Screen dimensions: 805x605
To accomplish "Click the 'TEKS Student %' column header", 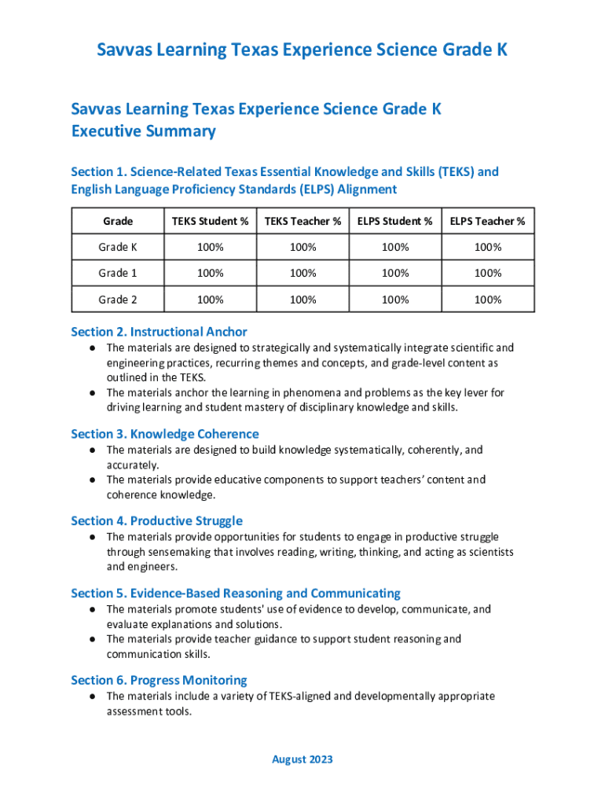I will (210, 221).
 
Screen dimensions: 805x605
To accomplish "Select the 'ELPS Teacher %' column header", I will (487, 221).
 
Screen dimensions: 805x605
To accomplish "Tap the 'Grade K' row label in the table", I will (118, 247).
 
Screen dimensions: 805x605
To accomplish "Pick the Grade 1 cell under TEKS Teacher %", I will (302, 273).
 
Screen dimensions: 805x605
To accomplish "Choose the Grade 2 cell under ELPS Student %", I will (395, 300).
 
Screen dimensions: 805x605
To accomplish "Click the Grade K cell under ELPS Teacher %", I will (487, 247).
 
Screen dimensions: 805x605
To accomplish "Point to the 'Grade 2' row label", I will (118, 300).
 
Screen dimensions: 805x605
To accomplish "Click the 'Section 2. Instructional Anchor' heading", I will (159, 332).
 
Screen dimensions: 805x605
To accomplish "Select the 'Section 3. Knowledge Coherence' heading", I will (164, 434).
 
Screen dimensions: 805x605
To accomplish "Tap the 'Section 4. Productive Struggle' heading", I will (156, 520).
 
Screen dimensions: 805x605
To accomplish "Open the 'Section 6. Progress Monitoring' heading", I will (159, 680).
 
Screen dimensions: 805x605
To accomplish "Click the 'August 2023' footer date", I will (302, 759).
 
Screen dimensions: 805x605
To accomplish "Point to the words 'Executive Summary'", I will (143, 131).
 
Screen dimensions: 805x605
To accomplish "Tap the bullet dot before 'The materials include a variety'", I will (92, 697).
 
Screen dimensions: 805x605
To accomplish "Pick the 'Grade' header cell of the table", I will (118, 221).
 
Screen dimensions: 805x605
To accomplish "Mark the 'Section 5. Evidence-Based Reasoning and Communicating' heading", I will (235, 594).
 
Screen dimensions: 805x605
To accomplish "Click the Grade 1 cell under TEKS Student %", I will (210, 273).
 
